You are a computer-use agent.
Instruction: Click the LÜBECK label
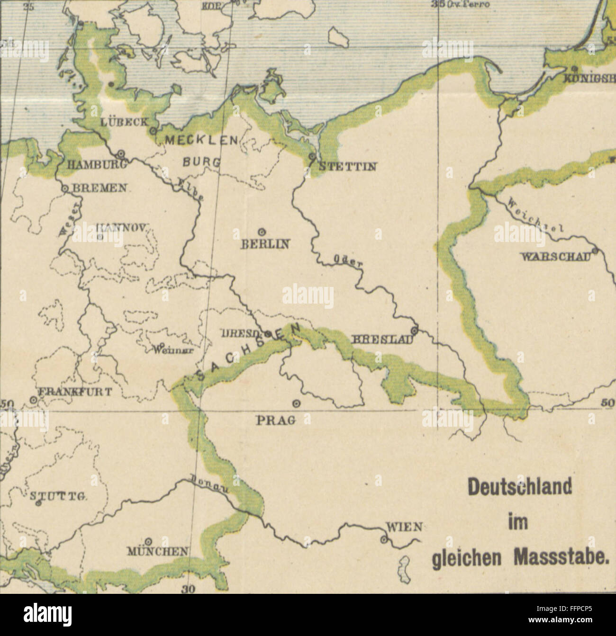(125, 121)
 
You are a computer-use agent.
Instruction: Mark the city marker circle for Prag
(297, 403)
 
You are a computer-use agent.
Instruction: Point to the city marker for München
(148, 540)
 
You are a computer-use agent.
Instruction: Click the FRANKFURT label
(75, 392)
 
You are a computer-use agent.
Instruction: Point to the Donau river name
(210, 484)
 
